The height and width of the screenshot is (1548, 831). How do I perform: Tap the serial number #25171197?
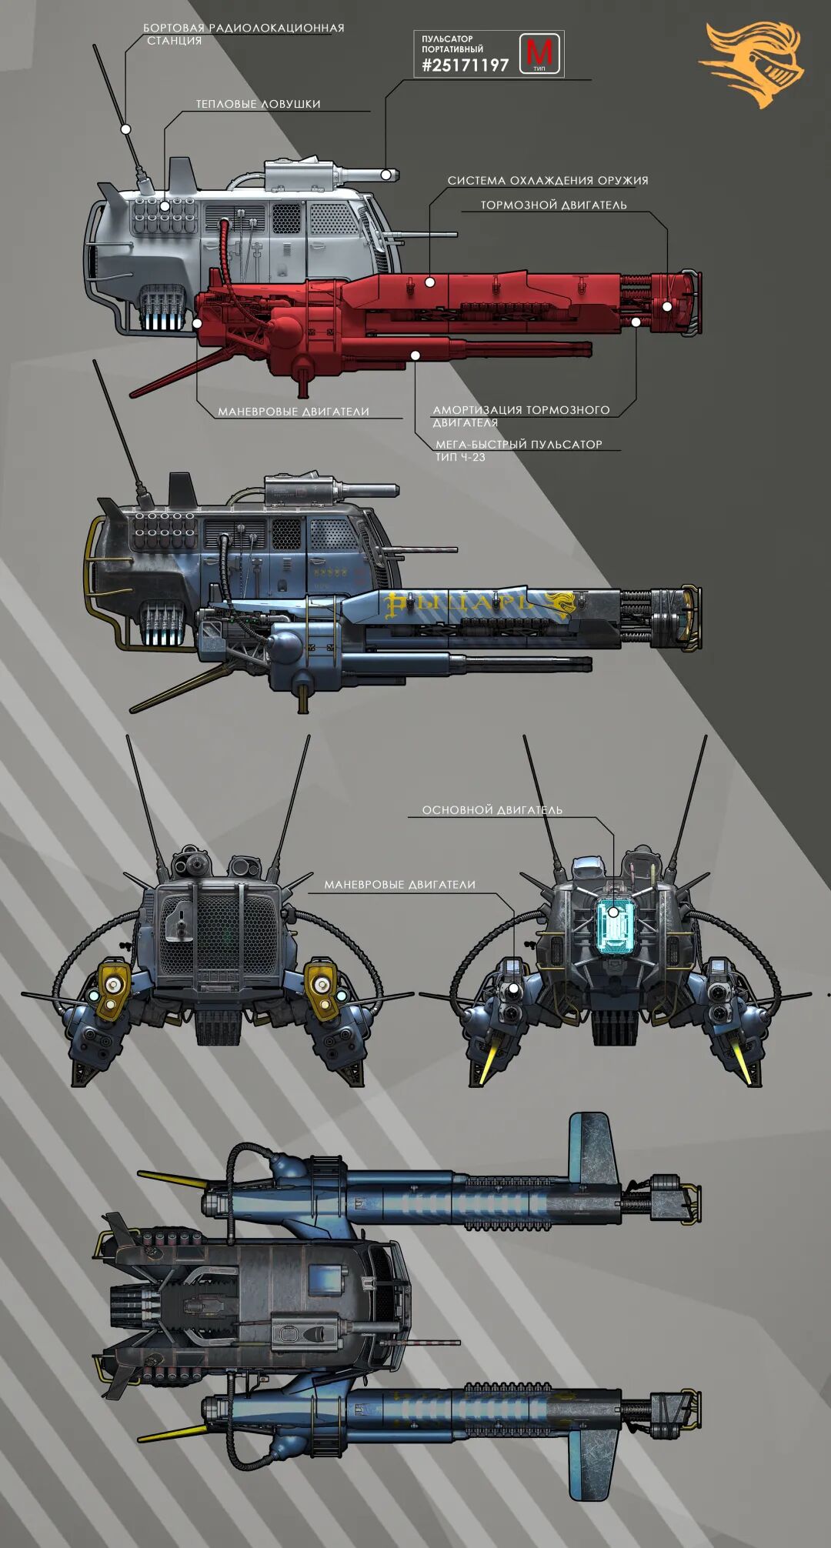(465, 65)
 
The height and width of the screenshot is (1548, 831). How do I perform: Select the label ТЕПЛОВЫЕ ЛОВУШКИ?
(258, 104)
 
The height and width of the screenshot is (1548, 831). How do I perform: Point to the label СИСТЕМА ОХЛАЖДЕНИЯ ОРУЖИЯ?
(548, 181)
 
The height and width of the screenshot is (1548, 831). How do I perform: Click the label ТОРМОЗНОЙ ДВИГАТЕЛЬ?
(553, 205)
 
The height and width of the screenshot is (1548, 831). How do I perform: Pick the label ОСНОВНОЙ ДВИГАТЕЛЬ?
(492, 810)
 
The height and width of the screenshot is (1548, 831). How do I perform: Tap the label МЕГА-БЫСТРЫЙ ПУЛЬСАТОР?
(519, 445)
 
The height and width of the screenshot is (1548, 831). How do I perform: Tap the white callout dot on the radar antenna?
(125, 129)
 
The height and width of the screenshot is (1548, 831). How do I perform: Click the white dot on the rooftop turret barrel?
(385, 175)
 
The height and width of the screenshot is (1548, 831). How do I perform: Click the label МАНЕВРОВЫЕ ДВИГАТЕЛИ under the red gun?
(293, 412)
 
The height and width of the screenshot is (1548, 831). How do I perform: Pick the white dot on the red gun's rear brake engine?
(667, 306)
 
